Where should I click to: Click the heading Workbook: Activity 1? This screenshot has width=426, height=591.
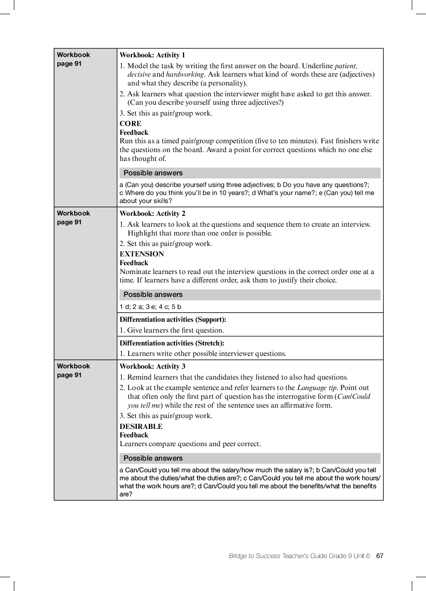[x=152, y=55]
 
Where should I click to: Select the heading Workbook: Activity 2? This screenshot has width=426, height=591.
[x=152, y=214]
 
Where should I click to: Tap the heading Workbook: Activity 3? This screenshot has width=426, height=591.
[x=152, y=367]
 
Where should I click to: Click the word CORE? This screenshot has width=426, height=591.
[x=130, y=124]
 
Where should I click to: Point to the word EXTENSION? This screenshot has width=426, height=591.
[x=142, y=254]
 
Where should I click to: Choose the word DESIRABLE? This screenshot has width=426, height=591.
[x=141, y=427]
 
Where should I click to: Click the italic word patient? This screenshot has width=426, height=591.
[x=345, y=66]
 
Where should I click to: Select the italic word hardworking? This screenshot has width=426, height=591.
[x=185, y=75]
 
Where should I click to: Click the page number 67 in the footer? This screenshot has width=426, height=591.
[x=379, y=556]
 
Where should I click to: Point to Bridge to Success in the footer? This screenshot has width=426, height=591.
[x=254, y=556]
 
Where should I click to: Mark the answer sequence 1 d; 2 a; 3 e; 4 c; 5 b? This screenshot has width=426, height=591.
[x=150, y=307]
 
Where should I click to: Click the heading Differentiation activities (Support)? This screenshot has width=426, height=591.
[x=173, y=320]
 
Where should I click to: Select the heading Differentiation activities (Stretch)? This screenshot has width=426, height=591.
[x=172, y=343]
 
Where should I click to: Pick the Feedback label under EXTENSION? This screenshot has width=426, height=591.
[x=134, y=263]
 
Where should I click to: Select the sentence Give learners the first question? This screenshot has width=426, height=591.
[x=175, y=331]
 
